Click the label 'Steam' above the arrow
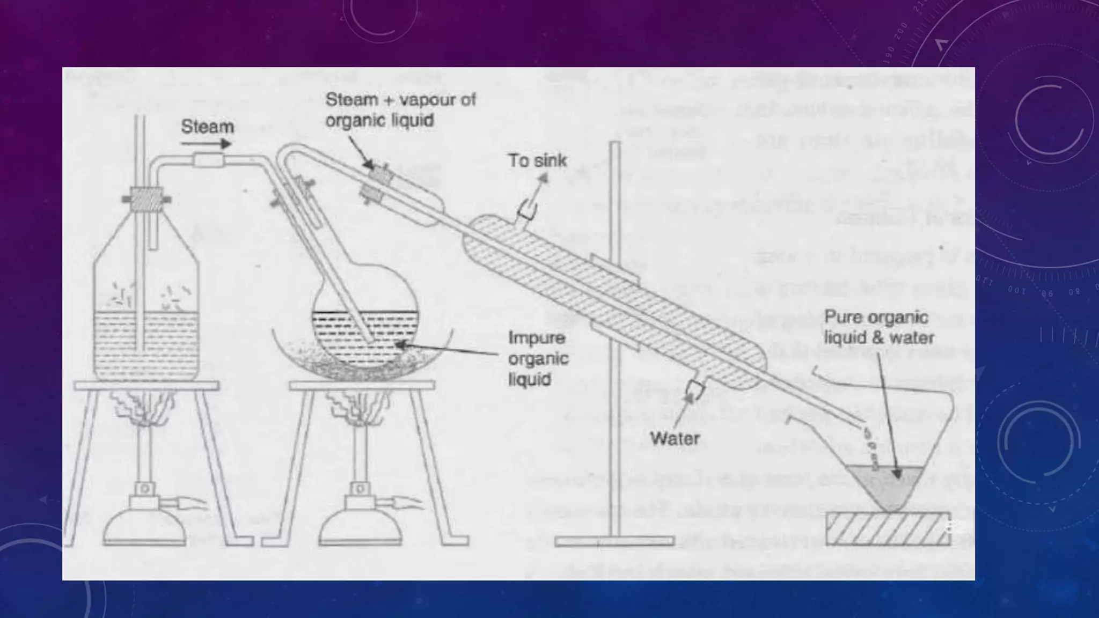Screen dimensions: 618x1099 coord(207,127)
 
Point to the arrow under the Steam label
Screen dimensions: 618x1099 coord(206,144)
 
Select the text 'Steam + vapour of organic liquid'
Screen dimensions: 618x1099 coord(400,110)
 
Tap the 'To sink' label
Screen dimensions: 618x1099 coord(537,160)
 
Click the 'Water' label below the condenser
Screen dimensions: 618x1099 coord(675,438)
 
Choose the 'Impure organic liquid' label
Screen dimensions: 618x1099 coord(537,358)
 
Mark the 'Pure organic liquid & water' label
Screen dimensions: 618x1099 coord(878,327)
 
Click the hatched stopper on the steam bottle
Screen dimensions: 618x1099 coord(146,199)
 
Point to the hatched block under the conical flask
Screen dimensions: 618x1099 coord(888,528)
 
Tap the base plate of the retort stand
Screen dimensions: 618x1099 coord(614,541)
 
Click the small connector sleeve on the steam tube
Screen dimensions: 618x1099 coord(209,160)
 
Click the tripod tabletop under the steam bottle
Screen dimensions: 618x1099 coord(146,386)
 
